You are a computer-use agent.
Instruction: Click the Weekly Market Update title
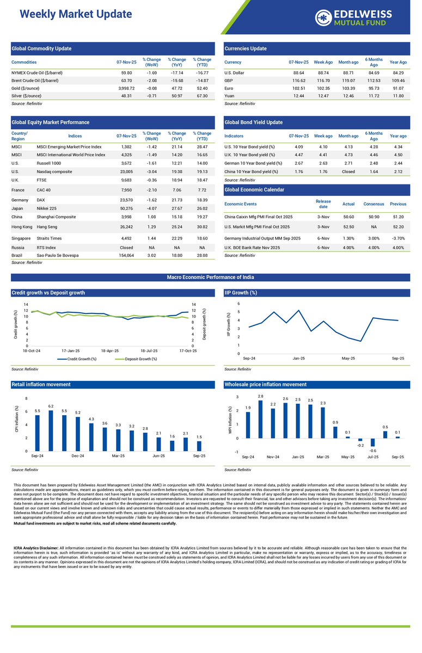click(76, 14)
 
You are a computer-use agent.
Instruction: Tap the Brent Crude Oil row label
click(35, 80)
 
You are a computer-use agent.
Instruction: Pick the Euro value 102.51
click(298, 88)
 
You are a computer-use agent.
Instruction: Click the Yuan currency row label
click(230, 96)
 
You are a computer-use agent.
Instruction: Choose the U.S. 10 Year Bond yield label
click(249, 147)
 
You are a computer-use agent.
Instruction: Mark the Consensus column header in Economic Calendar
click(374, 204)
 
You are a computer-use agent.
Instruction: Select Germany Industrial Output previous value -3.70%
click(398, 238)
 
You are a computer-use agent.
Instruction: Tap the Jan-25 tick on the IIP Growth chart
click(298, 359)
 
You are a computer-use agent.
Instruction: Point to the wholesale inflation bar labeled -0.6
click(373, 442)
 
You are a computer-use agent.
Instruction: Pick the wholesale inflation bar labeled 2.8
click(261, 419)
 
